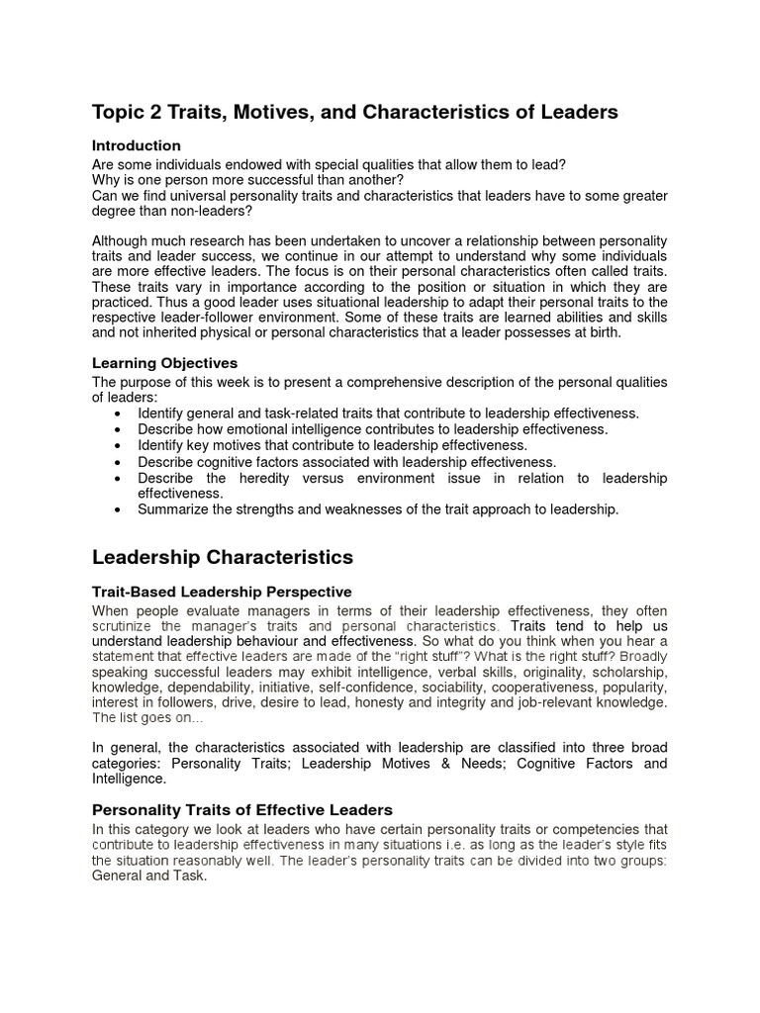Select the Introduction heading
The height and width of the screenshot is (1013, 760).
point(136,145)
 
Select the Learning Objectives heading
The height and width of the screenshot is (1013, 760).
point(164,363)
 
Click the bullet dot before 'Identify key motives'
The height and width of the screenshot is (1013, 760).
point(120,446)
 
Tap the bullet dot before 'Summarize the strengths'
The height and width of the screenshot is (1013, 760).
point(120,509)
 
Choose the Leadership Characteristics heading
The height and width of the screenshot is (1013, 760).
point(223,558)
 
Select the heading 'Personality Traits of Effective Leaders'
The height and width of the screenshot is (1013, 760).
point(242,809)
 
